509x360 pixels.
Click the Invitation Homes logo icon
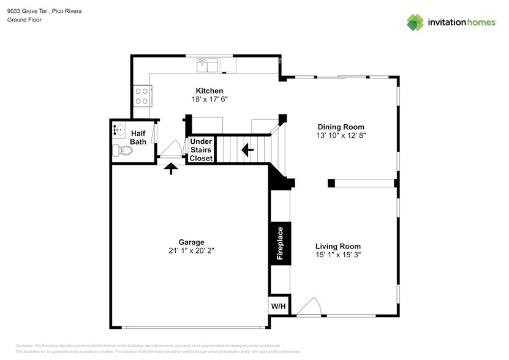(x=415, y=22)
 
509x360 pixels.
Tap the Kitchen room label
(x=205, y=91)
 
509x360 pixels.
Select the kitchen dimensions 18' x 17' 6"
(x=205, y=99)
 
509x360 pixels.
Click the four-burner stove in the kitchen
(x=142, y=96)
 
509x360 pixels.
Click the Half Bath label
(x=138, y=137)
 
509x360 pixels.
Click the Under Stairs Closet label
(x=201, y=149)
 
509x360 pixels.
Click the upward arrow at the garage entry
(x=171, y=168)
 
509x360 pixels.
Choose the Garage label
(x=191, y=242)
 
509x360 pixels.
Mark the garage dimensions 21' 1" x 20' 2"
(x=191, y=250)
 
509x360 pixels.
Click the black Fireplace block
(x=280, y=244)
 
